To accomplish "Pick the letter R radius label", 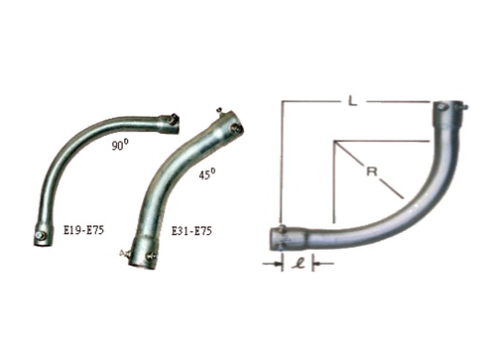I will (x=371, y=173).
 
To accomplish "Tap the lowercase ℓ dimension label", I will (x=297, y=263).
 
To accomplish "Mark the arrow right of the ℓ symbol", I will (x=319, y=263).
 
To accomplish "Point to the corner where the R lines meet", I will (x=334, y=140).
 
